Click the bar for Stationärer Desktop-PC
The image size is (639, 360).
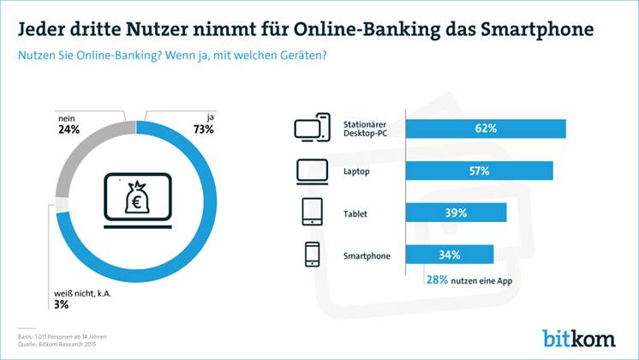(x=484, y=129)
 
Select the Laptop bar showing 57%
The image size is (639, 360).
(x=478, y=171)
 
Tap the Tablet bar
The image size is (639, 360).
(x=455, y=213)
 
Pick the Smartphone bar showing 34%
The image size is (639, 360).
(x=449, y=255)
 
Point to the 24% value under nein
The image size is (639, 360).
(x=69, y=130)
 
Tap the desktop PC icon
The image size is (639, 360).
(x=312, y=129)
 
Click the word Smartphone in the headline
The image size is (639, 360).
(x=544, y=30)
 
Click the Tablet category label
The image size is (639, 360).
(x=355, y=213)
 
